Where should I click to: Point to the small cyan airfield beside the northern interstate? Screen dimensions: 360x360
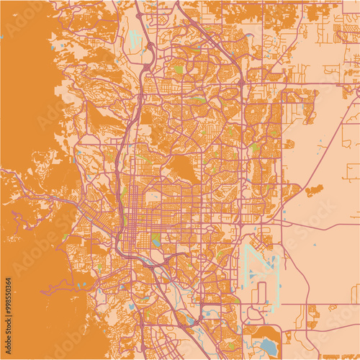tap(135, 36)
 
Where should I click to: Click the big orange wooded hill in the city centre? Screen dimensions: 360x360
tap(181, 168)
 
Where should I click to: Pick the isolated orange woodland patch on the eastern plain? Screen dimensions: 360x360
tap(314, 191)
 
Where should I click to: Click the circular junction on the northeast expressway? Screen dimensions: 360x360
tap(240, 83)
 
